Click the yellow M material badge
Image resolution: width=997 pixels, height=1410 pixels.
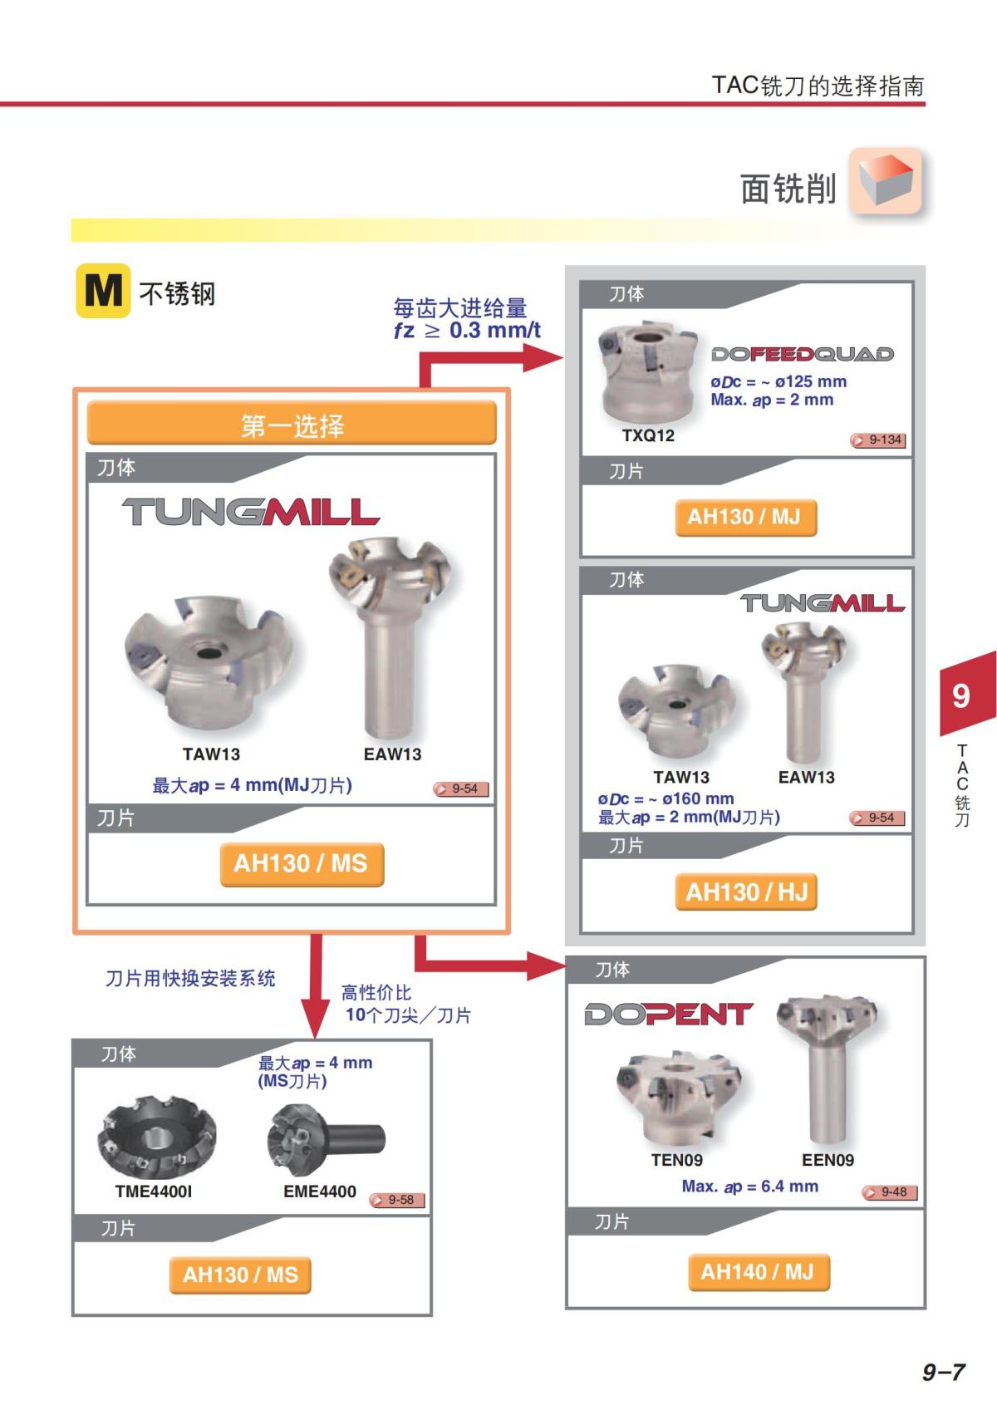point(103,291)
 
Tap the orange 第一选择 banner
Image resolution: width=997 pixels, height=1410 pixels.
point(292,422)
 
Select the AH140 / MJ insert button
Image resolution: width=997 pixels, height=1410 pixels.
point(759,1272)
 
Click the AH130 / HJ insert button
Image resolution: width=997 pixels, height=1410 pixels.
point(746,892)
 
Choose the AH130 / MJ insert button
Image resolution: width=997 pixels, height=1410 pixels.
point(746,518)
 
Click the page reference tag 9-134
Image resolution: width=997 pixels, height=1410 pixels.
point(878,440)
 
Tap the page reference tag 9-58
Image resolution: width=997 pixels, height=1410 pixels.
point(397,1200)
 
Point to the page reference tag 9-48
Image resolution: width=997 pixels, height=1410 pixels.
point(890,1192)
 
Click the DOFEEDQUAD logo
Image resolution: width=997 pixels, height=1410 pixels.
point(803,355)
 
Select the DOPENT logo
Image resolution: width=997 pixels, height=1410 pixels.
point(669,1014)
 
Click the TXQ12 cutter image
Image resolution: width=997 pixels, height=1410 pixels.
point(648,372)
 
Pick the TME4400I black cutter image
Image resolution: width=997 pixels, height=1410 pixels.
point(157,1136)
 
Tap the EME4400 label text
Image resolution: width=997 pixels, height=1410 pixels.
point(320,1191)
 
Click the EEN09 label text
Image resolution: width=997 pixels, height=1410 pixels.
point(828,1160)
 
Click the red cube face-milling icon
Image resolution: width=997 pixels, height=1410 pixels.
point(886,181)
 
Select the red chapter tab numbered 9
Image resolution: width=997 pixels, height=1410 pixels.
point(967,695)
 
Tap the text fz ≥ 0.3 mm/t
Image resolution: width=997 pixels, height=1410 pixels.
point(467,330)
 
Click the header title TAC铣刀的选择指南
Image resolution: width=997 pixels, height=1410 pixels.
point(818,85)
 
